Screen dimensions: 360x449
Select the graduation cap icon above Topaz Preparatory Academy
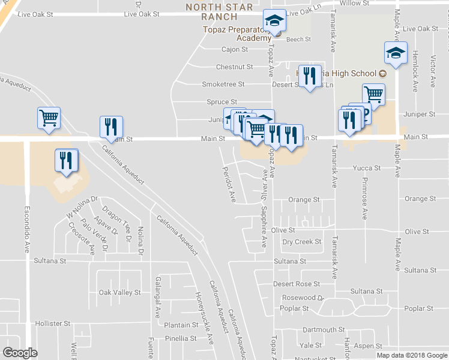pyautogui.click(x=275, y=22)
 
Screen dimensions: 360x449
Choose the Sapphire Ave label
pyautogui.click(x=264, y=226)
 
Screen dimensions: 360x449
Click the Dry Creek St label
pyautogui.click(x=302, y=242)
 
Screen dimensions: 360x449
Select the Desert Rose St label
pyautogui.click(x=297, y=283)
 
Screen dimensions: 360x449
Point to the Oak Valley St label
pyautogui.click(x=119, y=292)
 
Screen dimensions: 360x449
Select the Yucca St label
pyautogui.click(x=367, y=168)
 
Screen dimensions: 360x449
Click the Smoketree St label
pyautogui.click(x=223, y=85)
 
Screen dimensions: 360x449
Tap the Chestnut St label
pyautogui.click(x=235, y=67)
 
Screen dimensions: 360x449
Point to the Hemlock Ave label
pyautogui.click(x=415, y=70)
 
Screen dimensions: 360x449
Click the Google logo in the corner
pyautogui.click(x=20, y=353)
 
